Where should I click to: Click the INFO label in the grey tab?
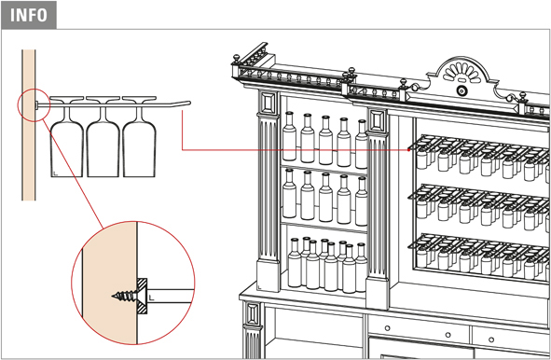(29, 15)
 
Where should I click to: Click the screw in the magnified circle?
(125, 296)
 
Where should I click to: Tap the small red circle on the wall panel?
(34, 105)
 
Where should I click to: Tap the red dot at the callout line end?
(408, 150)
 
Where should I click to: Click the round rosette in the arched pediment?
(461, 91)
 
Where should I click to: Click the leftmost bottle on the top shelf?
(289, 136)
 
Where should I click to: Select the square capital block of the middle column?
(378, 121)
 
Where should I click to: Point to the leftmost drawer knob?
(387, 328)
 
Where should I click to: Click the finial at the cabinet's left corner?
(237, 59)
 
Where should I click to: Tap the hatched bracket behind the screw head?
(143, 296)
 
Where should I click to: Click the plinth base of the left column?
(269, 275)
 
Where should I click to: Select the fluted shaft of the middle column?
(378, 206)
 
